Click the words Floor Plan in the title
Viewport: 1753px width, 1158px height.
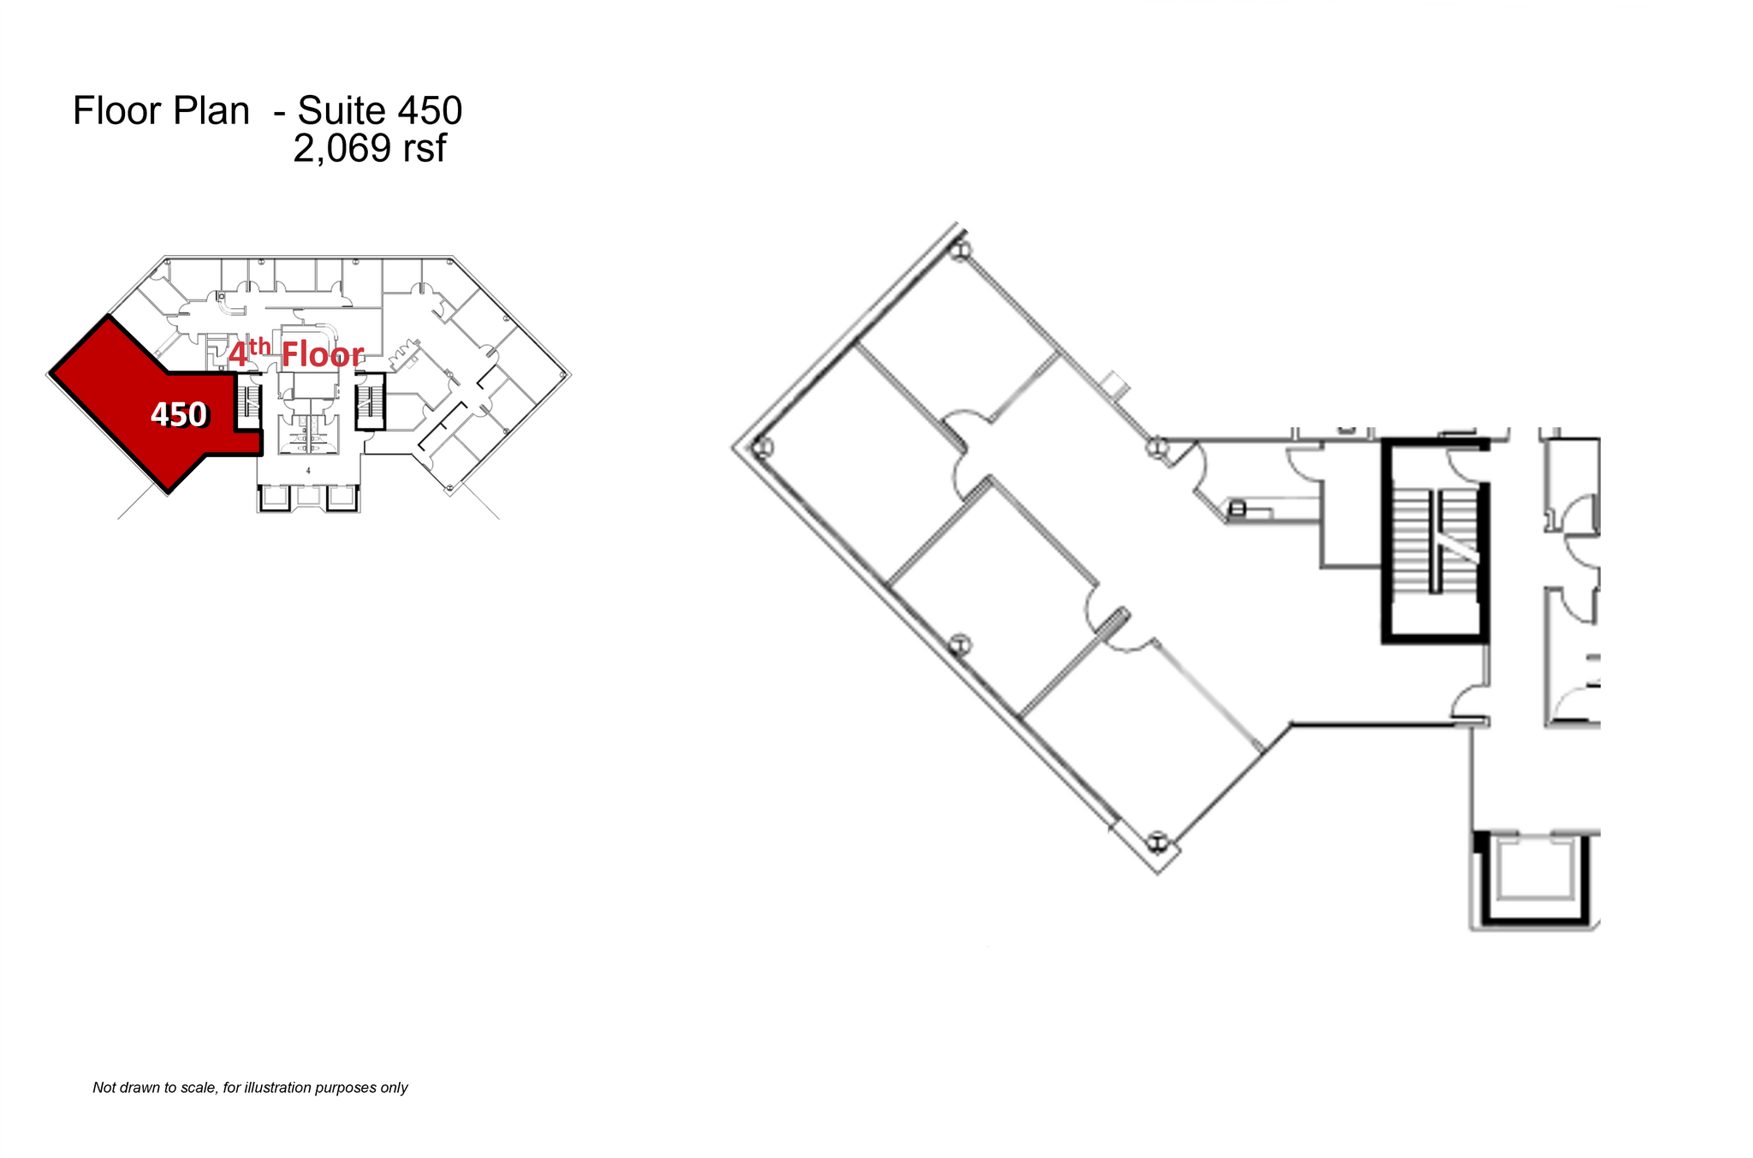[161, 111]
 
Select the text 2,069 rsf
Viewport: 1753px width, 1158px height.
[369, 149]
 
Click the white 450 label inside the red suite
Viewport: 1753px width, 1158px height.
[178, 414]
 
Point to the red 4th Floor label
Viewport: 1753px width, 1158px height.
[296, 353]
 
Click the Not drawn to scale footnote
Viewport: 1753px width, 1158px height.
[250, 1088]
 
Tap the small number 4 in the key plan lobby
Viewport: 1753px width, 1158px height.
[308, 471]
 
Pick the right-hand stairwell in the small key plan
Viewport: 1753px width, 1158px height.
[370, 401]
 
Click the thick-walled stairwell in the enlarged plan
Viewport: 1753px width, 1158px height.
[1435, 541]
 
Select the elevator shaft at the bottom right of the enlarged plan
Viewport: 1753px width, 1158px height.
[1536, 877]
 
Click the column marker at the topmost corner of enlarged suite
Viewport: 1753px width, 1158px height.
[960, 251]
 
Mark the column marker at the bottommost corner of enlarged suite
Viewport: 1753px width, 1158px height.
[1157, 842]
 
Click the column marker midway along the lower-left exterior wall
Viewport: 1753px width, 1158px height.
[960, 644]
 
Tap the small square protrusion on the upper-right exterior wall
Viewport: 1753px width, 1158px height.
[1114, 385]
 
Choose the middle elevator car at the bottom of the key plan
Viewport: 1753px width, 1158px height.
[308, 497]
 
